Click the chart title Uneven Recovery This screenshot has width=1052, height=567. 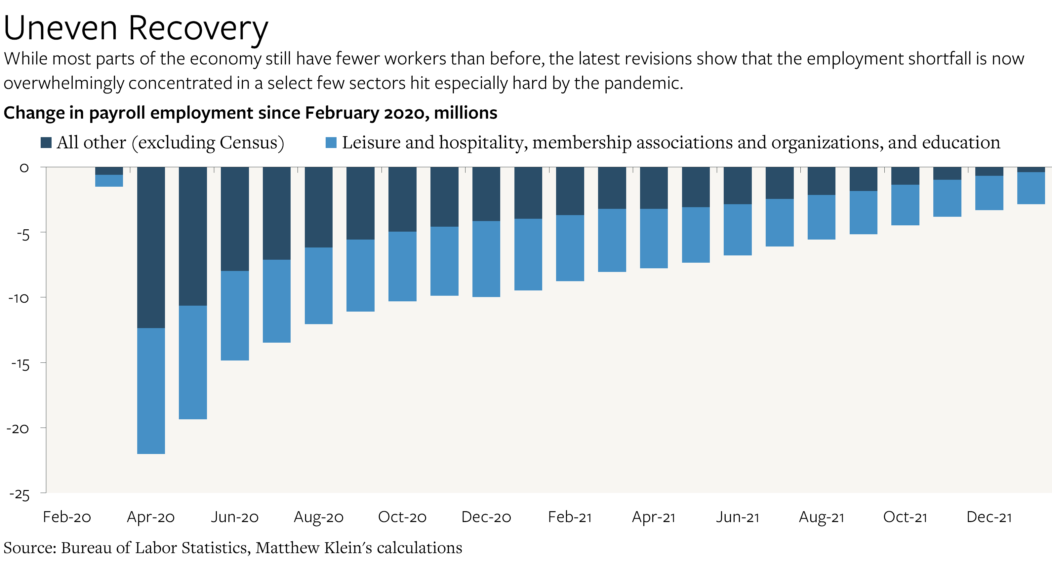point(136,28)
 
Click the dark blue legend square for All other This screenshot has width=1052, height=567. point(46,142)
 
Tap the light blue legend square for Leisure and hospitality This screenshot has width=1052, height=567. point(331,142)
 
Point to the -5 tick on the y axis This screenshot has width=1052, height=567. point(23,235)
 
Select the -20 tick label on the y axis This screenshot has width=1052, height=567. point(18,429)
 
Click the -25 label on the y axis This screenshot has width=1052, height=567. point(19,495)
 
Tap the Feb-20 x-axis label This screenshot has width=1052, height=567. point(67,517)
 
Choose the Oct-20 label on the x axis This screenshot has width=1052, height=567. point(402,517)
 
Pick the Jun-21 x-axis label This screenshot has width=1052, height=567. point(738,517)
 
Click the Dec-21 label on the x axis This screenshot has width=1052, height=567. point(989,517)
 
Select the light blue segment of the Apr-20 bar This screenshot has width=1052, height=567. point(151,391)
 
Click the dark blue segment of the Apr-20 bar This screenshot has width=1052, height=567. point(151,247)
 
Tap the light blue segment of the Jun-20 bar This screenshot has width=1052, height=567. point(235,315)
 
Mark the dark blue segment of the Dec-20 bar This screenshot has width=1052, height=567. point(486,194)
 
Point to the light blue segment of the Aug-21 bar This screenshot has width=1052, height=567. point(821,217)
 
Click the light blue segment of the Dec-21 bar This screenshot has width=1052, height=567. point(989,193)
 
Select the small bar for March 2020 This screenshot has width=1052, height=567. point(109,177)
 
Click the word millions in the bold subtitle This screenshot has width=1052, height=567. point(465,113)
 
